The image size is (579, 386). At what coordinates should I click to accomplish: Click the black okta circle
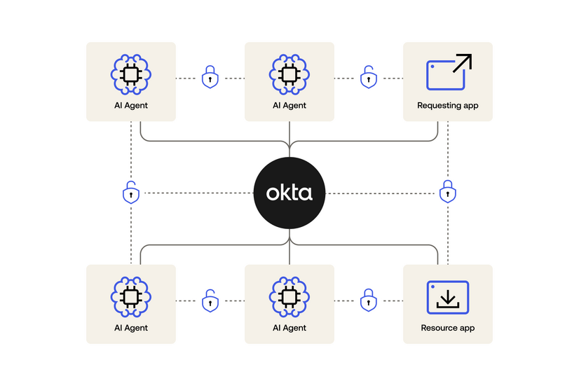289,193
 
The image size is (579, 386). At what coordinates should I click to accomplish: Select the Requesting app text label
447,106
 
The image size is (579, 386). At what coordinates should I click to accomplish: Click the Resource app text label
447,328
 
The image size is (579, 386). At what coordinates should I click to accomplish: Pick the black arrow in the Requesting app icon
463,64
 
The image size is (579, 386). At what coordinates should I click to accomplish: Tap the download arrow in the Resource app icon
447,300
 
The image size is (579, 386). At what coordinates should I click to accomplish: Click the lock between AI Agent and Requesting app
368,78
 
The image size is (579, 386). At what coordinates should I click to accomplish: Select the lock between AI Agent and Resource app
368,301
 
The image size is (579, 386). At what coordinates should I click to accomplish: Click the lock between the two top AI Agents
210,78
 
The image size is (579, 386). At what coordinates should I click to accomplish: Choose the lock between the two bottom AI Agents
210,301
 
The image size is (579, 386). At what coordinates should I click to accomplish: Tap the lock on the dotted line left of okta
130,192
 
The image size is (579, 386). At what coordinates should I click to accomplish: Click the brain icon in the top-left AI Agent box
130,74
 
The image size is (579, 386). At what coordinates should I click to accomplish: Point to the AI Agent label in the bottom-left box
130,328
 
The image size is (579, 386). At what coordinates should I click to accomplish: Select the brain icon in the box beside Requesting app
289,74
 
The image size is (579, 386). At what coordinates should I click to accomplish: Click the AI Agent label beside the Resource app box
289,328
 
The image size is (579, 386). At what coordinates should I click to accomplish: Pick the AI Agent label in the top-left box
130,106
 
